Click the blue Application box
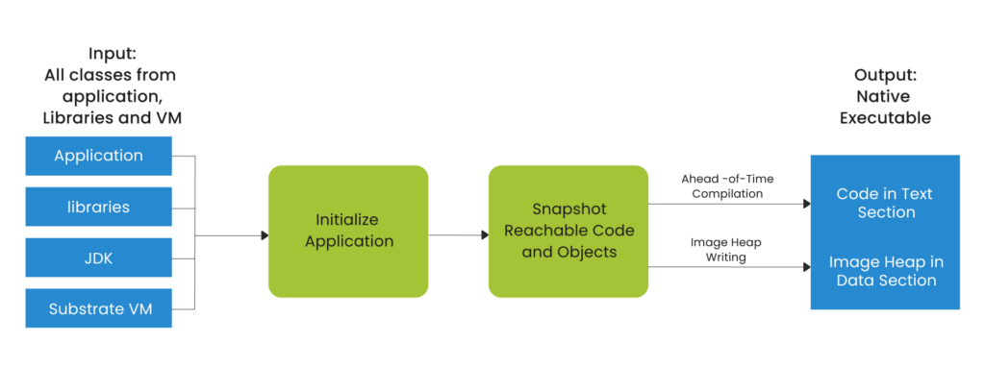click(x=98, y=156)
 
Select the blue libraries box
click(x=98, y=207)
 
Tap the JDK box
click(x=98, y=258)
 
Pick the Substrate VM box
click(x=98, y=308)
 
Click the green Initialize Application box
click(x=348, y=231)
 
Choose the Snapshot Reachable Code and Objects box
click(x=568, y=231)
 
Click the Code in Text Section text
click(x=884, y=203)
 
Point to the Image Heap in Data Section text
click(x=884, y=270)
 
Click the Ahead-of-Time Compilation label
click(x=727, y=185)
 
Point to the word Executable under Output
click(x=885, y=119)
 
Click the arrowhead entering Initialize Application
click(x=264, y=234)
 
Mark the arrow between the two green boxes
click(x=458, y=234)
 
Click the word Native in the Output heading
click(x=882, y=97)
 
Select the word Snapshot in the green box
click(x=568, y=209)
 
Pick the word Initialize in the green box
click(x=348, y=220)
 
